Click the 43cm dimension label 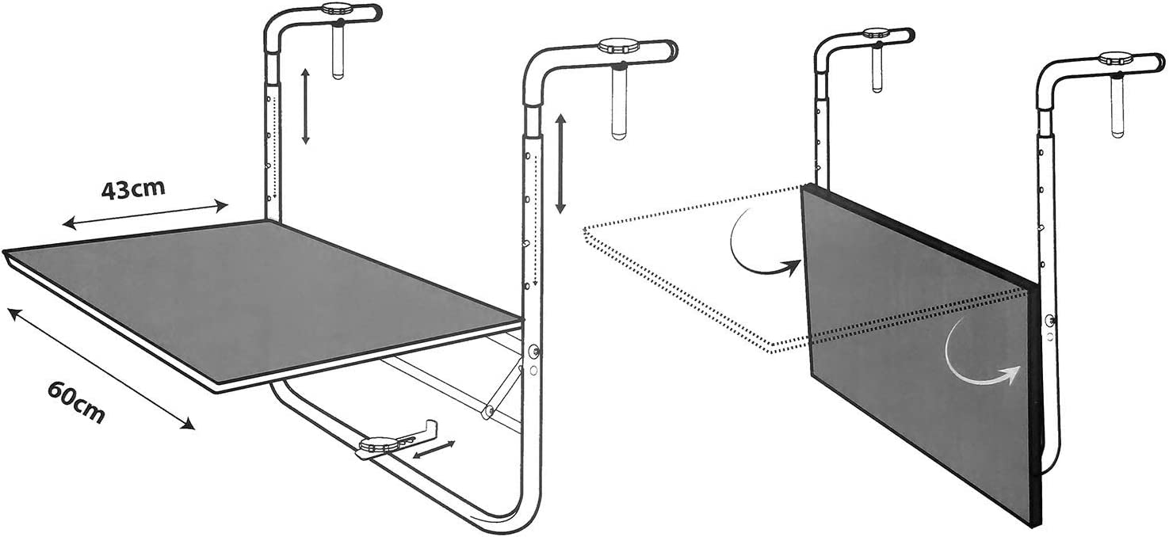coord(133,190)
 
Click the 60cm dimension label coord(77,402)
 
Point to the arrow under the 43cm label coord(145,215)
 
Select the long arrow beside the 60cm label coord(101,368)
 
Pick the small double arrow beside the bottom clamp coord(434,450)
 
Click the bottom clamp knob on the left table coord(376,446)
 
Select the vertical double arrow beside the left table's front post coord(560,164)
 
